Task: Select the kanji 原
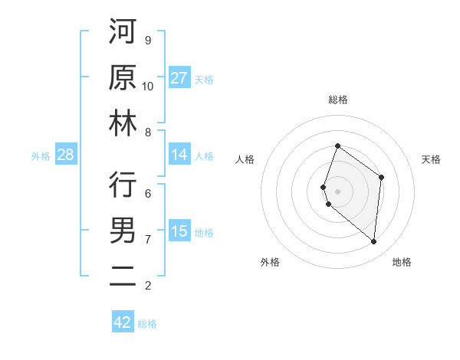pos(123,78)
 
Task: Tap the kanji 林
pos(123,124)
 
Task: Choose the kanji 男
pos(123,231)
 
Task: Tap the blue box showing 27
pos(179,78)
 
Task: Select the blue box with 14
pos(179,155)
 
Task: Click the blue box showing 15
pos(179,231)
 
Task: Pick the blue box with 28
pos(66,155)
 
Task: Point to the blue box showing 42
pos(123,322)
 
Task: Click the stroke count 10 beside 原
pos(148,86)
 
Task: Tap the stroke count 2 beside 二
pos(148,286)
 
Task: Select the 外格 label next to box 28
pos(41,156)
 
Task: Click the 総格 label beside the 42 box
pos(148,324)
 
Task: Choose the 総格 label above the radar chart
pos(337,100)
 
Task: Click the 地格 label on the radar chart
pos(402,262)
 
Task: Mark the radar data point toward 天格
pos(381,177)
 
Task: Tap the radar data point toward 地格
pos(373,241)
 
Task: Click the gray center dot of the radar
pos(337,191)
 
